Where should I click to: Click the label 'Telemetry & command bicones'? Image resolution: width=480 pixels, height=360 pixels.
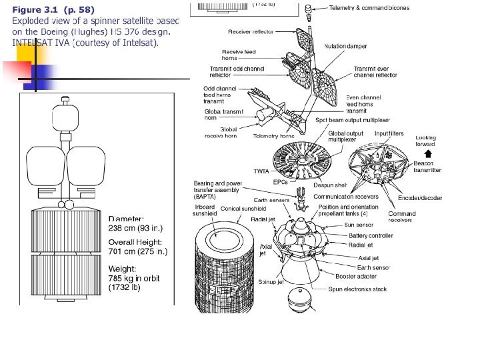pyautogui.click(x=369, y=8)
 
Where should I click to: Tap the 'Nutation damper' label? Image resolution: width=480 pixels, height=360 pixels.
pyautogui.click(x=345, y=46)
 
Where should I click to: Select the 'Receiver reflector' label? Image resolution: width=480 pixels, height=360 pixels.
pyautogui.click(x=251, y=32)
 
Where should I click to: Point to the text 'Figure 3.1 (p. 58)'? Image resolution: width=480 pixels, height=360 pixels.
pyautogui.click(x=53, y=10)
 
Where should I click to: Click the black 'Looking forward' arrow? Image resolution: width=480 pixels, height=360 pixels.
pyautogui.click(x=427, y=153)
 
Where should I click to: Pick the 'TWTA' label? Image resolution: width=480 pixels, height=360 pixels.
pyautogui.click(x=261, y=171)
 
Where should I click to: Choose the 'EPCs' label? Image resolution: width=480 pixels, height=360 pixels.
pyautogui.click(x=281, y=181)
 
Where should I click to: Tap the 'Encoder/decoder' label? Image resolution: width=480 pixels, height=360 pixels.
pyautogui.click(x=420, y=197)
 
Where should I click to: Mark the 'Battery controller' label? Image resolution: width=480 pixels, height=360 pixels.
pyautogui.click(x=371, y=235)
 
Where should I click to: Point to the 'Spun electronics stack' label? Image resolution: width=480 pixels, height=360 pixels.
pyautogui.click(x=357, y=289)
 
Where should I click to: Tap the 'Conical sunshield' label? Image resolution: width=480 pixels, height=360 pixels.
pyautogui.click(x=239, y=209)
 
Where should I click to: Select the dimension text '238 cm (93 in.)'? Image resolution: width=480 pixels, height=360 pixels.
pyautogui.click(x=135, y=228)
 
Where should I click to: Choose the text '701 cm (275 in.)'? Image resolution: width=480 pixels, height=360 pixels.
pyautogui.click(x=137, y=252)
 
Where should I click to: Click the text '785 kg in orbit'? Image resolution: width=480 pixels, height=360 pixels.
pyautogui.click(x=134, y=278)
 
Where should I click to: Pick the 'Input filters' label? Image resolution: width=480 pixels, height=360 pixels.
pyautogui.click(x=389, y=134)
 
